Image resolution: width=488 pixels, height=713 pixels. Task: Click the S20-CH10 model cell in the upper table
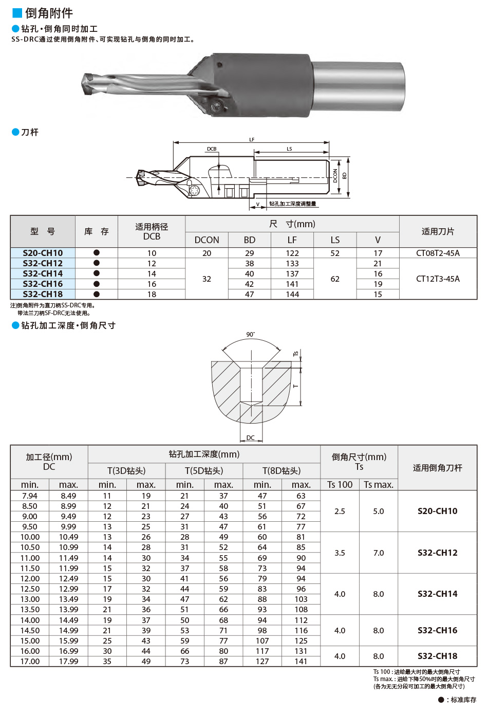click(43, 253)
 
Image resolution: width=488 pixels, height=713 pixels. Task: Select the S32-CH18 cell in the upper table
click(43, 294)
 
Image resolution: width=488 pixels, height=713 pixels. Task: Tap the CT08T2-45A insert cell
click(438, 253)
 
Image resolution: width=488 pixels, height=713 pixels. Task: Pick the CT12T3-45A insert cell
click(438, 279)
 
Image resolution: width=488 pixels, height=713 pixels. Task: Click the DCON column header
click(207, 240)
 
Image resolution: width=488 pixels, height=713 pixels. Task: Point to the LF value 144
click(292, 294)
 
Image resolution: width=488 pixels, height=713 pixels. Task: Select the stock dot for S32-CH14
click(97, 273)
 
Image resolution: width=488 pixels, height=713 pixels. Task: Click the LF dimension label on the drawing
click(252, 139)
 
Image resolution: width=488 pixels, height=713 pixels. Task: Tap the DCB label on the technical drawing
click(212, 149)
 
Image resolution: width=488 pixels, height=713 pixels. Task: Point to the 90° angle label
click(251, 334)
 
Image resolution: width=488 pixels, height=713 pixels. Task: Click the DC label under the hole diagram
click(251, 438)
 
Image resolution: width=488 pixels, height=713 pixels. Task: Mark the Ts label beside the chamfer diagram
click(295, 354)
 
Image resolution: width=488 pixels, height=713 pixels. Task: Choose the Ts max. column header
click(379, 484)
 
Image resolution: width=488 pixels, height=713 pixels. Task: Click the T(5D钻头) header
click(204, 470)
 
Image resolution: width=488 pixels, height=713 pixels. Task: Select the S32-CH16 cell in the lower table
click(437, 630)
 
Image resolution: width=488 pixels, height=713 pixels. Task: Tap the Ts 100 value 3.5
click(340, 553)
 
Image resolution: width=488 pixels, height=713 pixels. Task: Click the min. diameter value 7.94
click(30, 496)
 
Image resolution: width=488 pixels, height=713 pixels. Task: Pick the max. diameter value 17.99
click(68, 661)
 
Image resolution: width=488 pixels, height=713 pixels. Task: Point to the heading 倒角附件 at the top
click(49, 13)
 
